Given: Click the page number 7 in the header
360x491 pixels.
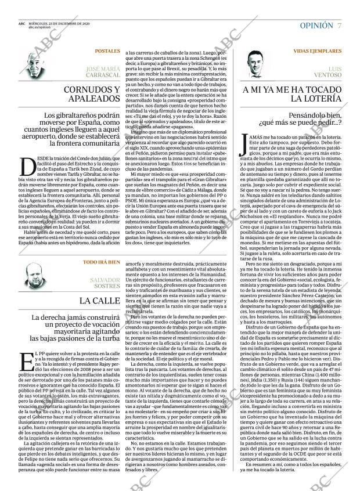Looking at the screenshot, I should click(x=339, y=26).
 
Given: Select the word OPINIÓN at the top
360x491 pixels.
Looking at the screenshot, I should click(x=316, y=26).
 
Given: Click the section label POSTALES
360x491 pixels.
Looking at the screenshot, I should click(x=107, y=51).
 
